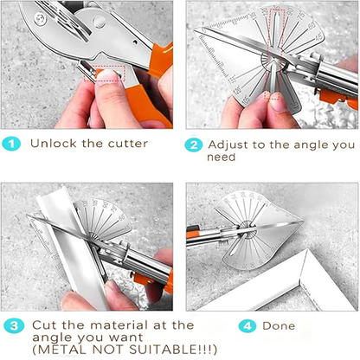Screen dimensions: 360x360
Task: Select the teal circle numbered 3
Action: [x=12, y=327]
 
